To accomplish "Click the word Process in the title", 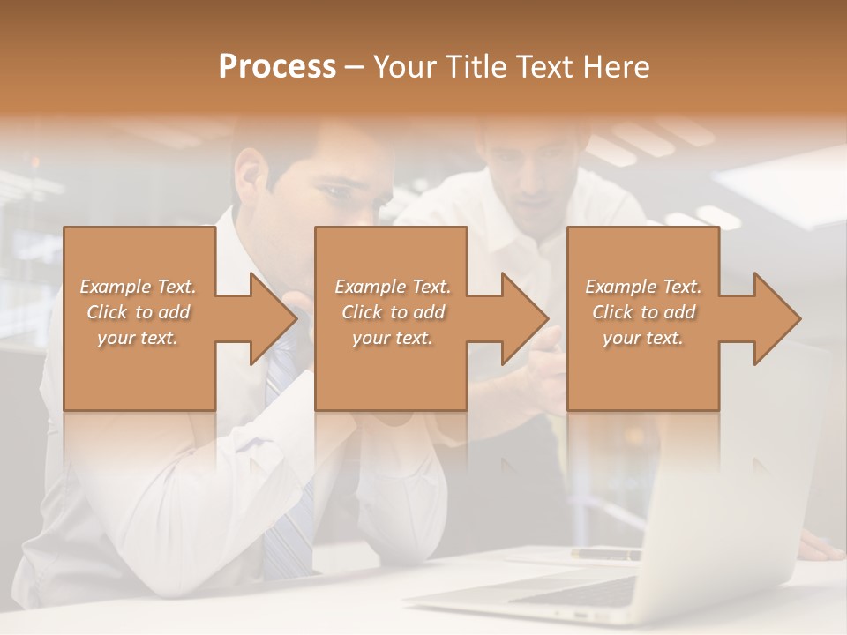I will pos(277,67).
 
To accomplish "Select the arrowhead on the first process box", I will pos(273,319).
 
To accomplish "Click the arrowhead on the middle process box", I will pos(524,319).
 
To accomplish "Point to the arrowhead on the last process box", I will pos(776,319).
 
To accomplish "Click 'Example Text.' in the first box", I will pos(138,287).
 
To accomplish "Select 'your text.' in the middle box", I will pos(392,338).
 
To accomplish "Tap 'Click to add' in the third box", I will pos(643,312).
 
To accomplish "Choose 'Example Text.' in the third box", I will pos(643,287).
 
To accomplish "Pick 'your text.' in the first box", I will pos(138,338).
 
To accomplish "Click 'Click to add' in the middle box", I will pos(392,312).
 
